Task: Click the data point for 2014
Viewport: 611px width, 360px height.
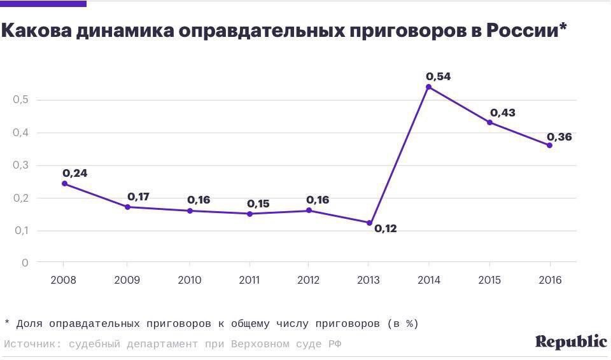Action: (428, 87)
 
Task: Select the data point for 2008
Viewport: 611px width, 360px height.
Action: (64, 184)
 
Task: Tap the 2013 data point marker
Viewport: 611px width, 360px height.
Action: (369, 223)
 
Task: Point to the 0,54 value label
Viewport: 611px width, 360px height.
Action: (438, 76)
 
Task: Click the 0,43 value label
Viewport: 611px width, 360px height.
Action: (502, 113)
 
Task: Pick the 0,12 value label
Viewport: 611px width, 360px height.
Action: (385, 228)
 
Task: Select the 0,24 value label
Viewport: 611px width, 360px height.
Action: (75, 173)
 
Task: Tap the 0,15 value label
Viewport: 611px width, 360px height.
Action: (258, 204)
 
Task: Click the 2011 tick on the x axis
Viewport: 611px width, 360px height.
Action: (249, 280)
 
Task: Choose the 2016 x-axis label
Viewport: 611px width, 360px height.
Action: (550, 280)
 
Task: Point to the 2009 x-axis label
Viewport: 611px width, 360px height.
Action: (127, 280)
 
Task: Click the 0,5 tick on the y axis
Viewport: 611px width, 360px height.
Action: (20, 100)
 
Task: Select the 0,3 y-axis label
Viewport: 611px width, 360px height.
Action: (20, 165)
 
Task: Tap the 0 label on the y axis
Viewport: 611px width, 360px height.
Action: (25, 263)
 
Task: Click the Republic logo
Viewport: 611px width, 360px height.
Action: (571, 342)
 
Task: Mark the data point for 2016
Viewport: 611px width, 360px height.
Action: (549, 145)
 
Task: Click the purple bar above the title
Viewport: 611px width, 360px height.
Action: (43, 4)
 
